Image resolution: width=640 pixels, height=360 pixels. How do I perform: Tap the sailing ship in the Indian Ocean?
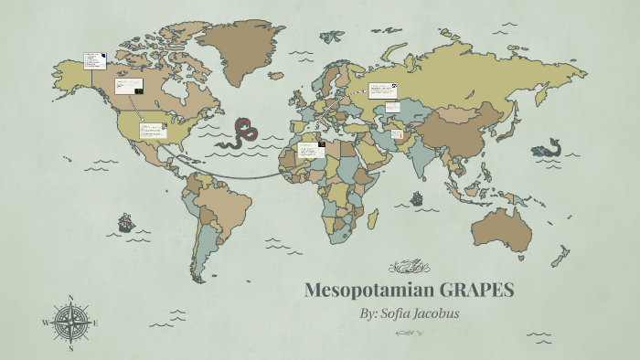pos(417,198)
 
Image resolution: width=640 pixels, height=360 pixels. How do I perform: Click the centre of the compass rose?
pos(70,323)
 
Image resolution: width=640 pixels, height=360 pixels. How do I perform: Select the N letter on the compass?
pos(70,297)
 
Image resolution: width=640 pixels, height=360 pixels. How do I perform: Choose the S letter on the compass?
pos(70,348)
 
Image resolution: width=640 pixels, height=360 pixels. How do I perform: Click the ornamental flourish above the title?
pos(408,267)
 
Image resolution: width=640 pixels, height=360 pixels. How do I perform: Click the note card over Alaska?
pos(93,60)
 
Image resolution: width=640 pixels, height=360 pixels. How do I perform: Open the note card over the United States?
pos(152,131)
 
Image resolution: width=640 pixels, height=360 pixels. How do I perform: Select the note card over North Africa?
pos(311,149)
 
